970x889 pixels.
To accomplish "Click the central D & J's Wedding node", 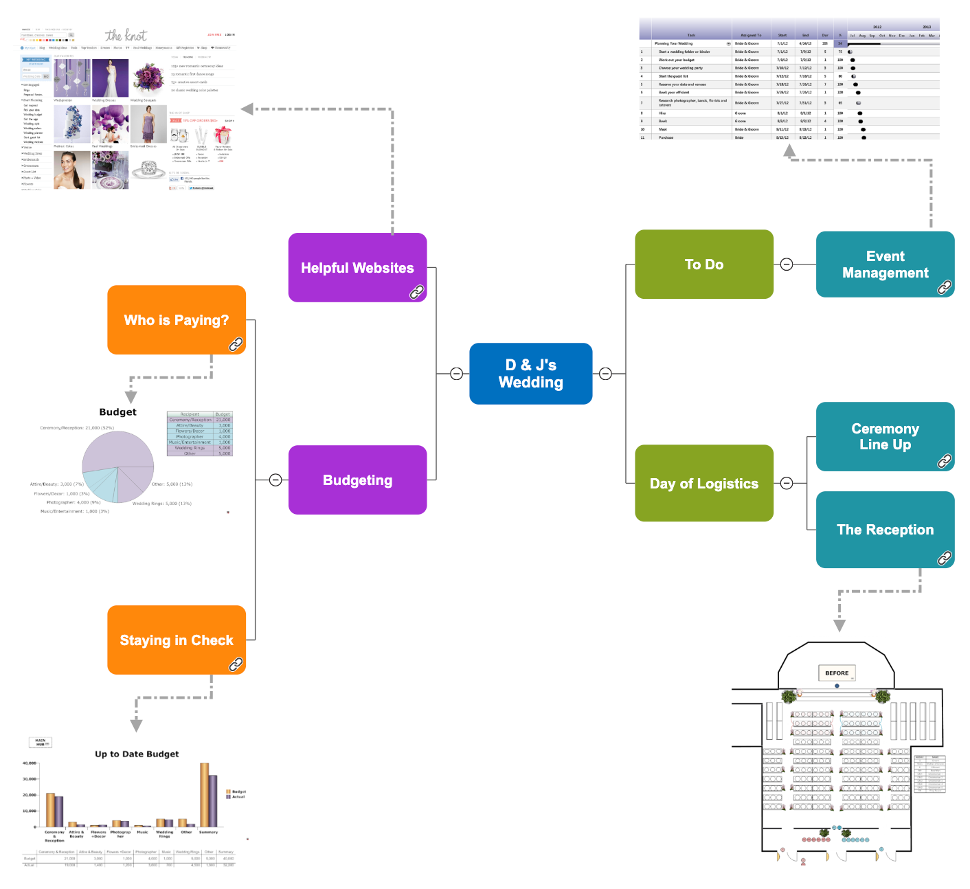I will pyautogui.click(x=530, y=373).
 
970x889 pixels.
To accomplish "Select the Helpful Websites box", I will pyautogui.click(x=357, y=267).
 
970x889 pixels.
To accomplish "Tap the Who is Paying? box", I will pyautogui.click(x=176, y=319).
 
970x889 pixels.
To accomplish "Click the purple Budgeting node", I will pyautogui.click(x=357, y=480).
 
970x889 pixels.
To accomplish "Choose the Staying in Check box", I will pyautogui.click(x=176, y=640).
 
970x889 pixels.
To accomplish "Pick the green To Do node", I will pyautogui.click(x=703, y=264).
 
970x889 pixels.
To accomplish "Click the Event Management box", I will pyautogui.click(x=885, y=264).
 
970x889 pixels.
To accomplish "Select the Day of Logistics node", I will pyautogui.click(x=703, y=483).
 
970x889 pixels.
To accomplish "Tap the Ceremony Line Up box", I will pyautogui.click(x=885, y=436).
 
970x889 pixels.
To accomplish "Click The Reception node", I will pyautogui.click(x=885, y=529).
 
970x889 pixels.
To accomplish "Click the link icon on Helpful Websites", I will pyautogui.click(x=417, y=292).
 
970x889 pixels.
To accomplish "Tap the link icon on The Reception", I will pyautogui.click(x=945, y=559).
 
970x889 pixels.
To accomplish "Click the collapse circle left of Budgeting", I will pyautogui.click(x=275, y=480).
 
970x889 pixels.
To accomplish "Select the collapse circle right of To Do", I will pyautogui.click(x=787, y=265).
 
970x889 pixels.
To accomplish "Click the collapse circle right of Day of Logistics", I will pyautogui.click(x=787, y=483).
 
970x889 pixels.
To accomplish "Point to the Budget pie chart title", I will pyautogui.click(x=117, y=412).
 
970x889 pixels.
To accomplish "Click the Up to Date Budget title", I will pyautogui.click(x=137, y=754).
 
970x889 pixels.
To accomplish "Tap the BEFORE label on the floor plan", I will pyautogui.click(x=837, y=673).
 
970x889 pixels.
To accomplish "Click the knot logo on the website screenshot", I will pyautogui.click(x=126, y=35).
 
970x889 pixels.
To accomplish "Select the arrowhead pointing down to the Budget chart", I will pyautogui.click(x=131, y=397).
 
